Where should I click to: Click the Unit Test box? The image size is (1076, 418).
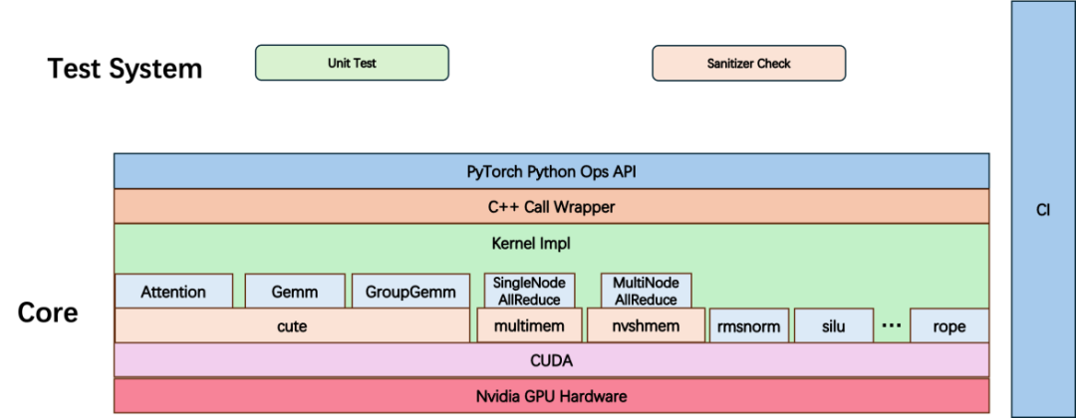tap(352, 63)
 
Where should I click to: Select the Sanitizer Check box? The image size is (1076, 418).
tap(748, 63)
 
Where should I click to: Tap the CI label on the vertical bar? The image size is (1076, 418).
tap(1042, 211)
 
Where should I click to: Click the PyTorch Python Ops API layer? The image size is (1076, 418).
tap(551, 171)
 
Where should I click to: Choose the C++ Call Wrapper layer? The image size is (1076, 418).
tap(551, 207)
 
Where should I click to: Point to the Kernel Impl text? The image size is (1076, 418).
tap(551, 242)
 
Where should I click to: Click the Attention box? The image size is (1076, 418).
tap(173, 292)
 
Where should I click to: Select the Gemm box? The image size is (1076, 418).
tap(295, 292)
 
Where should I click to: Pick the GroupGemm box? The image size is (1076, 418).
tap(410, 292)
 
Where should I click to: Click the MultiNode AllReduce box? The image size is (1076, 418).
tap(646, 291)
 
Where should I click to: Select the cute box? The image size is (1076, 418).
tap(291, 325)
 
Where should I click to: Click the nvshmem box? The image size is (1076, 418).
tap(646, 325)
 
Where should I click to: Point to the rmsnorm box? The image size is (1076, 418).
tap(748, 325)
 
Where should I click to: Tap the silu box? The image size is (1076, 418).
tap(833, 325)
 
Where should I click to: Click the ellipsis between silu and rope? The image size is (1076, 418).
tap(892, 324)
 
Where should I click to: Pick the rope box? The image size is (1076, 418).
tap(948, 325)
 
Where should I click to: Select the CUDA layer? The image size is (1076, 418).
tap(551, 360)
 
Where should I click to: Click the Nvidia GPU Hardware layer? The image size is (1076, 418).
tap(551, 396)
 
